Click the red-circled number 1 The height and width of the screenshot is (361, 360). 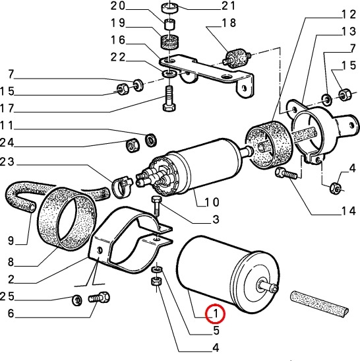[216, 313]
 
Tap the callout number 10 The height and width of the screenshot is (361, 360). [212, 202]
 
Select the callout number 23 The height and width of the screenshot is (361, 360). [7, 162]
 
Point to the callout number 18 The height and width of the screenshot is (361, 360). [229, 22]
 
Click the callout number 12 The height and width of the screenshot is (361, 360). [349, 15]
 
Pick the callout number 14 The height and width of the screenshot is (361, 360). [349, 211]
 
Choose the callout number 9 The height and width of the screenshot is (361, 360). [11, 241]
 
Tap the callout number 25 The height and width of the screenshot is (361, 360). [7, 296]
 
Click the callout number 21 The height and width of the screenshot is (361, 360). [228, 5]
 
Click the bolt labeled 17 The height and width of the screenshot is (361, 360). [169, 98]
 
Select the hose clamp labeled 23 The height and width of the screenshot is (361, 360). [121, 186]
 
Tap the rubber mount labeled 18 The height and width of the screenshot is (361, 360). [236, 59]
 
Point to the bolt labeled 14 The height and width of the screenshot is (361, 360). [287, 174]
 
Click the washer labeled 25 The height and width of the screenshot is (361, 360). [77, 300]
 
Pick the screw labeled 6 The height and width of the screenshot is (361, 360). [99, 298]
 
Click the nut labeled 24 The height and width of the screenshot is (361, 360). [133, 145]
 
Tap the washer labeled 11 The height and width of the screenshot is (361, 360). [151, 140]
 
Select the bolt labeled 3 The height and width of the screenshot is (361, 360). [156, 206]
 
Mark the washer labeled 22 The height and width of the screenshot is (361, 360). [169, 74]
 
